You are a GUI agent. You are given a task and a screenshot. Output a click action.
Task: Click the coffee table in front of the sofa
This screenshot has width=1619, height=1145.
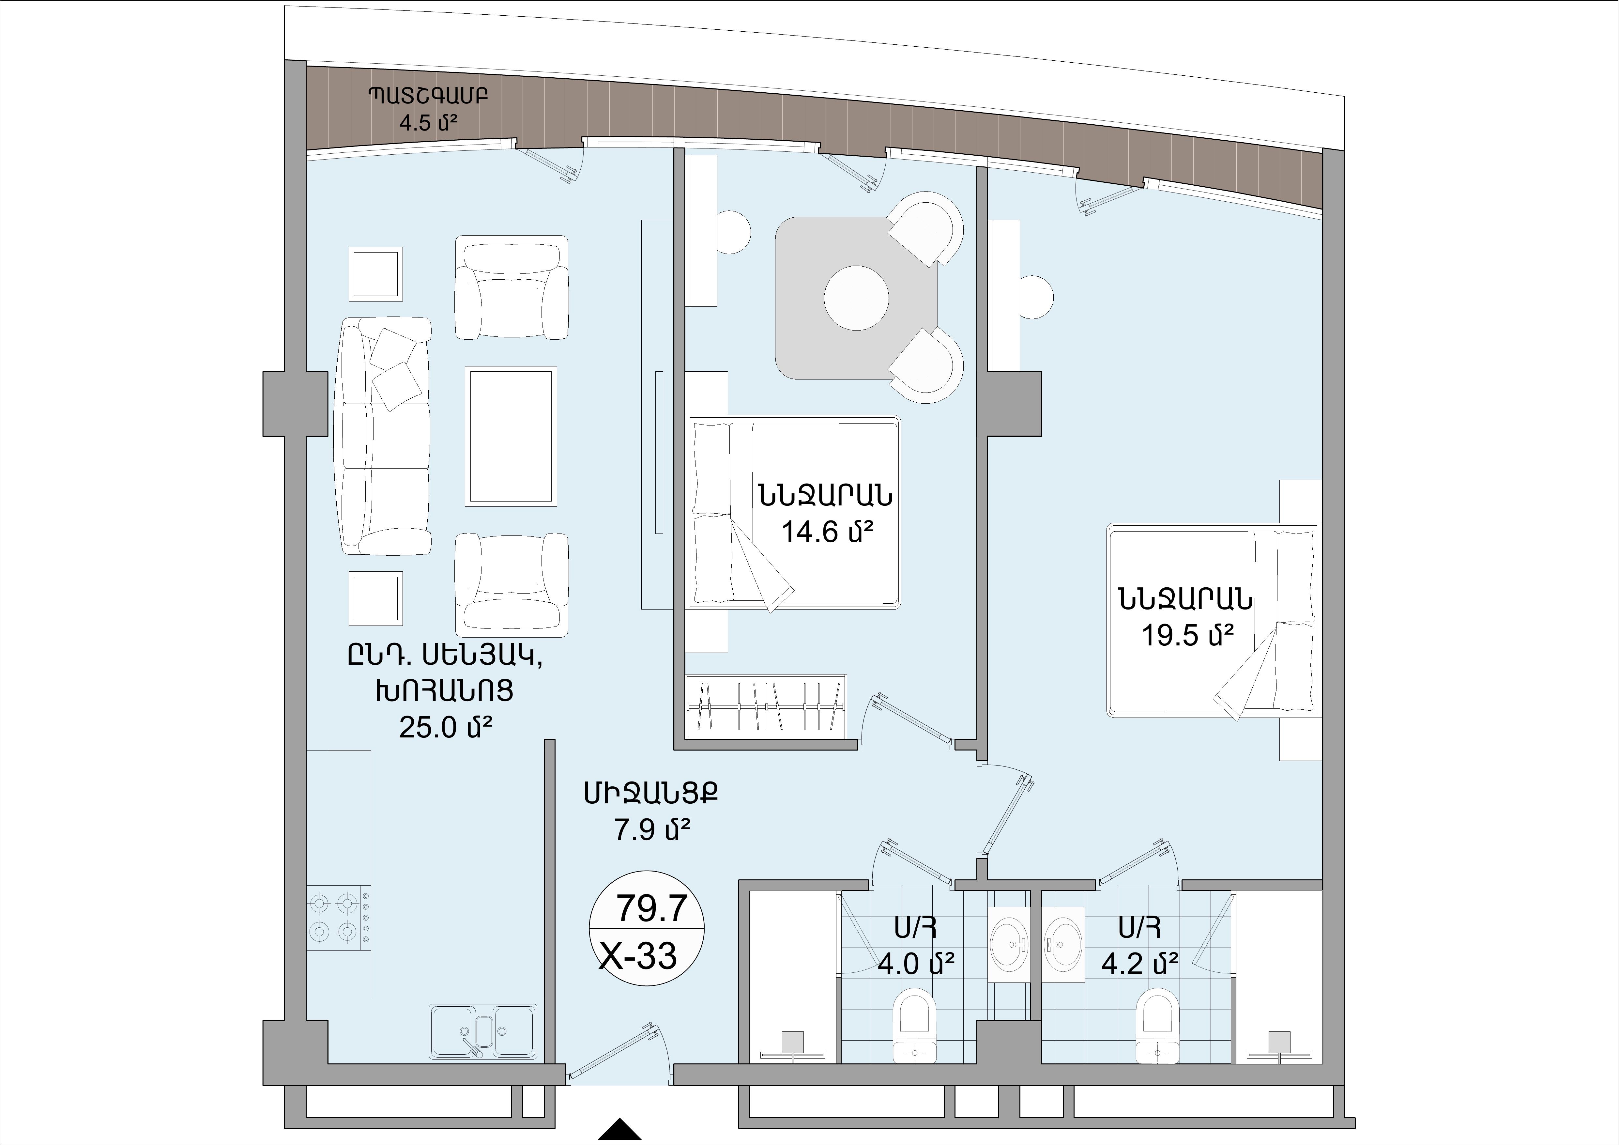tap(511, 435)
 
